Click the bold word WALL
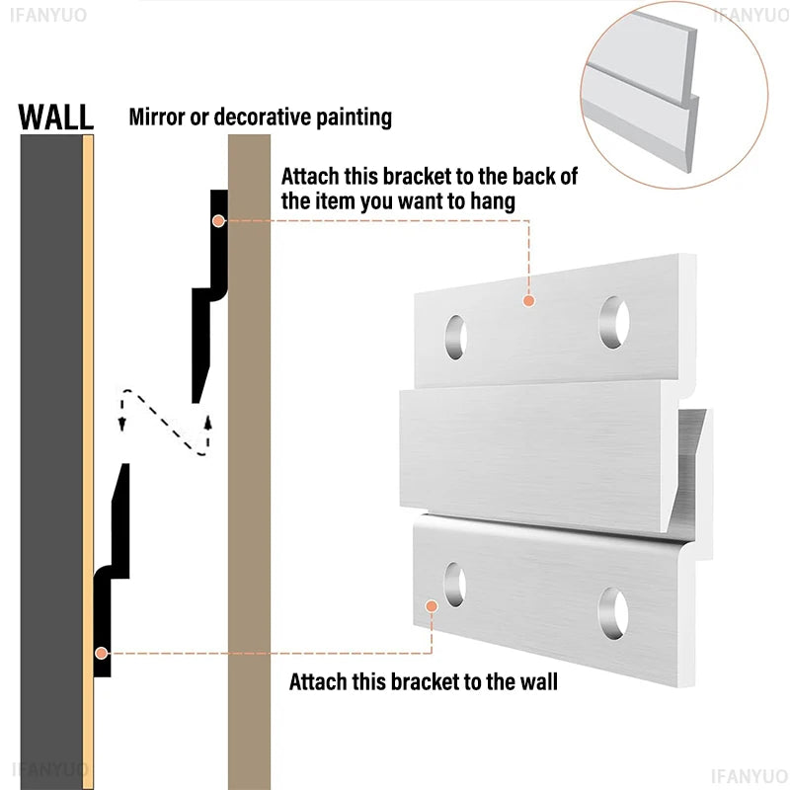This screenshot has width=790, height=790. click(56, 118)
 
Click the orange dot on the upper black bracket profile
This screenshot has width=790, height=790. click(218, 220)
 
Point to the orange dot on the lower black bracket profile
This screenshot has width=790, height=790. click(102, 653)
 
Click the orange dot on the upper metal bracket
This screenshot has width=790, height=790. click(528, 301)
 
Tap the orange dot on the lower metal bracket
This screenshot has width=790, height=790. click(432, 606)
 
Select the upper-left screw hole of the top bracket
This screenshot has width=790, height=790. click(456, 337)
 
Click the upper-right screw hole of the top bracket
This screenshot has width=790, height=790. click(614, 323)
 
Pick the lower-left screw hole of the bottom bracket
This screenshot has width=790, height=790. click(455, 585)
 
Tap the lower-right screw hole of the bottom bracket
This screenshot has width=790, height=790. click(613, 613)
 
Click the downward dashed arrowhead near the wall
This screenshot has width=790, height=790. click(121, 425)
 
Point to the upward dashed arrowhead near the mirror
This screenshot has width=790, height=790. click(207, 422)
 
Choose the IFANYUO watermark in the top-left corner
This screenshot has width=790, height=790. click(48, 15)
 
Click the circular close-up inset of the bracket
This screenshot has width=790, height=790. click(674, 95)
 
